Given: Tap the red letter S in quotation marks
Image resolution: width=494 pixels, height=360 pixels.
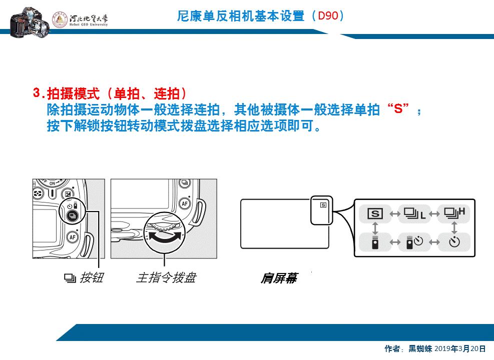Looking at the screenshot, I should pyautogui.click(x=398, y=109).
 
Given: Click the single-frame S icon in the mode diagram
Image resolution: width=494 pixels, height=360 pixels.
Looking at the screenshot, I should pyautogui.click(x=375, y=214).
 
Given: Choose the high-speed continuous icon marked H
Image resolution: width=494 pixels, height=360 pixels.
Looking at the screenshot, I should pyautogui.click(x=454, y=213).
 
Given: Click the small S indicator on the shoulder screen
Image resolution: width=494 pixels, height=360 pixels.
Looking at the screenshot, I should pyautogui.click(x=323, y=204).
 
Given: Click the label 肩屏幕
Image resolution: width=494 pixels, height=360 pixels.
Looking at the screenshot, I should pyautogui.click(x=278, y=278).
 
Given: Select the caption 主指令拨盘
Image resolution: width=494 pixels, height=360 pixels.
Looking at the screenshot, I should pyautogui.click(x=166, y=277).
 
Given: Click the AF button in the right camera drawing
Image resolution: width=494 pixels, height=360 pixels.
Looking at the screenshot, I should pyautogui.click(x=185, y=203).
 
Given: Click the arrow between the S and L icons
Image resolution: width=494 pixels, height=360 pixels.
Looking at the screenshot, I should pyautogui.click(x=394, y=214).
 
